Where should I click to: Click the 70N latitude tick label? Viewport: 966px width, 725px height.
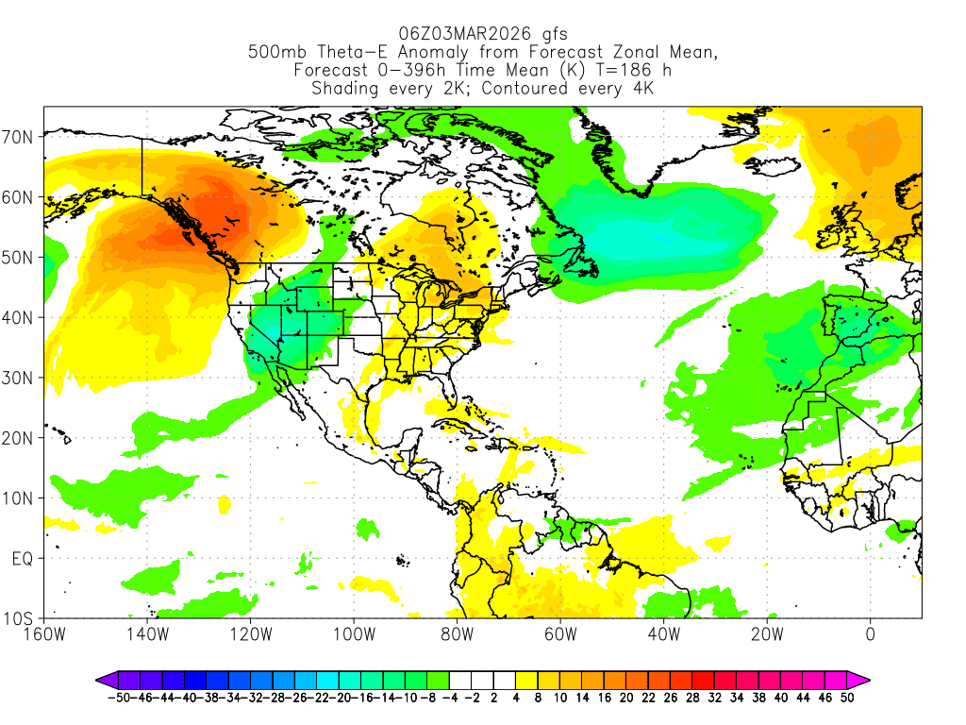[x=20, y=137]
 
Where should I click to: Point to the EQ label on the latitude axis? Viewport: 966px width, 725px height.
[x=23, y=559]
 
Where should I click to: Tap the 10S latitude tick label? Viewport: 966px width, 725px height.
[x=20, y=619]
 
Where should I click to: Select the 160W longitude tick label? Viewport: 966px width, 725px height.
[x=45, y=633]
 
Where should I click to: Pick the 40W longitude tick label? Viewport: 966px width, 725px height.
[x=663, y=633]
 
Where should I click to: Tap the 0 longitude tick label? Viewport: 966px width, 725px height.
[x=871, y=633]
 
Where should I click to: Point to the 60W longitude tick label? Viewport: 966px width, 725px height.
[x=559, y=633]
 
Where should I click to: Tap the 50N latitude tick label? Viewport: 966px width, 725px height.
[x=20, y=258]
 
